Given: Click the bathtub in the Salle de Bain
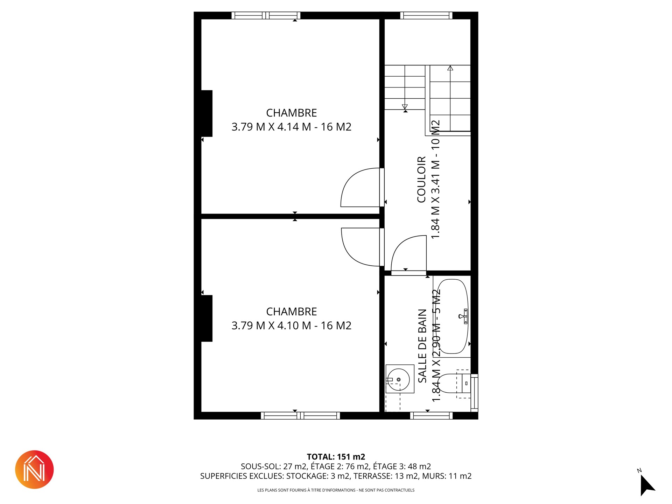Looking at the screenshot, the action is (x=453, y=316).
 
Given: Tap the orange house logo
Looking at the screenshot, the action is (x=34, y=469).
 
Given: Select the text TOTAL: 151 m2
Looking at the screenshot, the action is (x=336, y=457).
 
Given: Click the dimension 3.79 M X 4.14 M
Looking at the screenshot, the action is (x=271, y=127).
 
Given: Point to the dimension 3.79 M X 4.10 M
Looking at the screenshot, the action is (x=271, y=325).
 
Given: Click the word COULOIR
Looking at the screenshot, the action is (x=421, y=180).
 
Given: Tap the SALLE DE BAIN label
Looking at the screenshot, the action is (x=422, y=346).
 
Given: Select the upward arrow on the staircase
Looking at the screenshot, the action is (x=450, y=98).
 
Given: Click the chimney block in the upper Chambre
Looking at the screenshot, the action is (x=207, y=113).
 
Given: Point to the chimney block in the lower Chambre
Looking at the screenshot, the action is (x=207, y=318).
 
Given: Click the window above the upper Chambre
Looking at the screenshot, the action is (x=266, y=15).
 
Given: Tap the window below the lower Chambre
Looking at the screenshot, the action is (x=300, y=415).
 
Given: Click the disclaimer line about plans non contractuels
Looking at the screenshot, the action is (x=336, y=490).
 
